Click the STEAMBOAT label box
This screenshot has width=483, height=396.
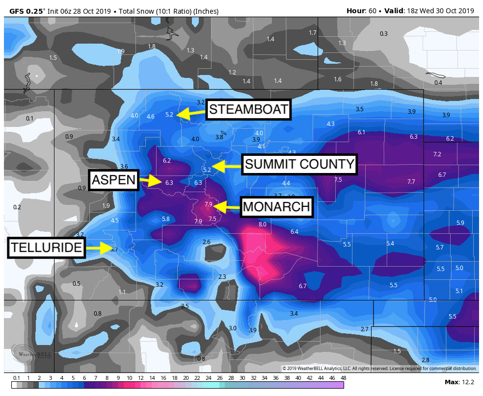click(x=248, y=109)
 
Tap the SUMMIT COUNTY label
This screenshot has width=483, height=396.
click(x=299, y=164)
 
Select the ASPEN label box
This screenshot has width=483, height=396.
click(x=113, y=180)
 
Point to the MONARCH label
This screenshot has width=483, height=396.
click(x=276, y=207)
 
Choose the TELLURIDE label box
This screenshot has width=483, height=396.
click(x=47, y=247)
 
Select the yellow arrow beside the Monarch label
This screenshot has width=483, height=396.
click(x=226, y=207)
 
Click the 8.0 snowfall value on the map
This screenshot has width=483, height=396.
click(x=262, y=224)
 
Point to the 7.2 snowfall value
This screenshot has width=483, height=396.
click(x=437, y=154)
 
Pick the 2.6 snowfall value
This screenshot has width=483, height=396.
click(x=207, y=242)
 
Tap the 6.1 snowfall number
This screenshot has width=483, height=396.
click(x=362, y=132)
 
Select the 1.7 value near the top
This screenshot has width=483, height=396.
click(x=313, y=33)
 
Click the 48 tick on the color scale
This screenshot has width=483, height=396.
click(x=342, y=378)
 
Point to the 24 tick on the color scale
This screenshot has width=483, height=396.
click(x=208, y=378)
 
